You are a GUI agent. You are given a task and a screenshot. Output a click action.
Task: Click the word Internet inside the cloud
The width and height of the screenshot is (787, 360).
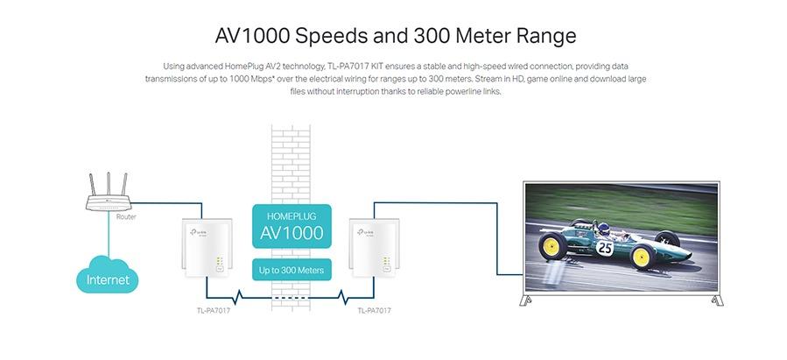(x=108, y=280)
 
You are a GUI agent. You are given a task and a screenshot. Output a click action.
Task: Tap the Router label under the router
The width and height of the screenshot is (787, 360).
(x=127, y=215)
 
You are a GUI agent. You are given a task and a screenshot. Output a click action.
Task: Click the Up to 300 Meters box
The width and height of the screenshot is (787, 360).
(x=292, y=270)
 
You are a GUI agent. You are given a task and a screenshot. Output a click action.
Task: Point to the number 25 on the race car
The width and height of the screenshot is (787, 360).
(x=604, y=248)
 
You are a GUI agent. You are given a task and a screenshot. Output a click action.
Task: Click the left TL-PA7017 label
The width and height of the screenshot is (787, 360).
(x=214, y=310)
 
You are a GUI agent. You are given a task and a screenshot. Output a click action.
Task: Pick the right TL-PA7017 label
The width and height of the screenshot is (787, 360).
(x=374, y=310)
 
